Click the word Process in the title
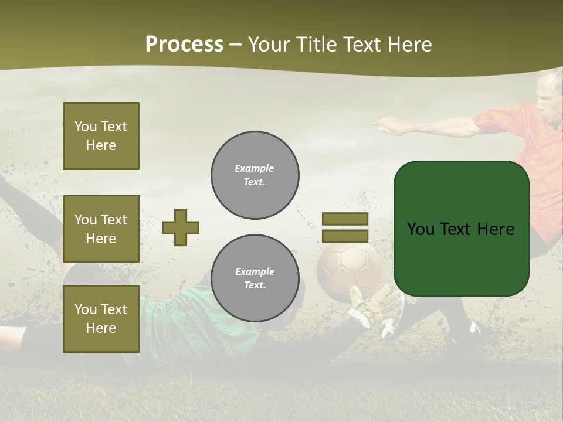[x=184, y=45]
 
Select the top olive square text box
[x=101, y=136]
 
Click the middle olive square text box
[x=101, y=229]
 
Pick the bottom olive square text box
[x=101, y=318]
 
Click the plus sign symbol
[x=181, y=227]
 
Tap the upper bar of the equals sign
[x=345, y=219]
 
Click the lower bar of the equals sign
[x=345, y=236]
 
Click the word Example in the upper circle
[x=254, y=168]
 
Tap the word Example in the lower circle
[x=255, y=271]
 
